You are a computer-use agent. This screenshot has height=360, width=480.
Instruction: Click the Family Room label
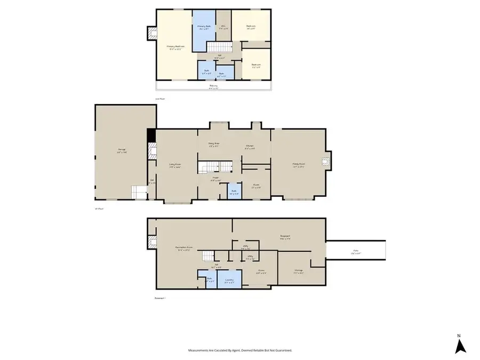(x=298, y=165)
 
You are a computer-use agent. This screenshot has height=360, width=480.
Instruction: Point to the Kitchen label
(x=249, y=147)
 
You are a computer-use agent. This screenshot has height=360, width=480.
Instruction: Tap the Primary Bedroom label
(x=174, y=47)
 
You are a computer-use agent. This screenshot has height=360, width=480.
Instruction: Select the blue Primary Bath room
(x=204, y=27)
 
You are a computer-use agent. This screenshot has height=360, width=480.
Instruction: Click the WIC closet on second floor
(x=224, y=26)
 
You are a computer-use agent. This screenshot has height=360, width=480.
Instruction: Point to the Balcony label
(x=213, y=86)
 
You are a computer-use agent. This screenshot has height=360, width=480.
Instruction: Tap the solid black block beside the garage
(x=151, y=135)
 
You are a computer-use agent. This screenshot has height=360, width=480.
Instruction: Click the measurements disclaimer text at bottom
(x=240, y=350)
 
